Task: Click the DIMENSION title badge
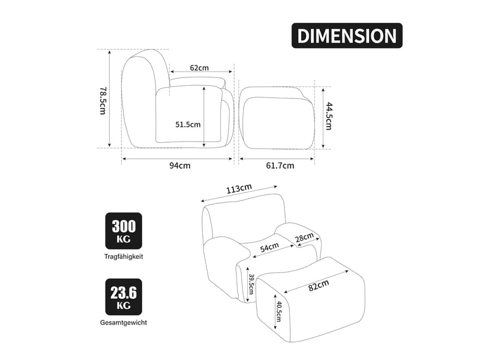[x=347, y=35]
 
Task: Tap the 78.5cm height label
[x=103, y=100]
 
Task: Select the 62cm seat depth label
[x=199, y=67]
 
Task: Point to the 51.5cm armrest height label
[x=188, y=124]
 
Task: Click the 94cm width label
[x=180, y=166]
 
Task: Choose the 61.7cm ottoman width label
[x=280, y=166]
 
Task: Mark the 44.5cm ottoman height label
[x=328, y=116]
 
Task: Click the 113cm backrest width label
[x=239, y=188]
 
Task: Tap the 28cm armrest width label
[x=305, y=238]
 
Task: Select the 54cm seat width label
[x=269, y=247]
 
